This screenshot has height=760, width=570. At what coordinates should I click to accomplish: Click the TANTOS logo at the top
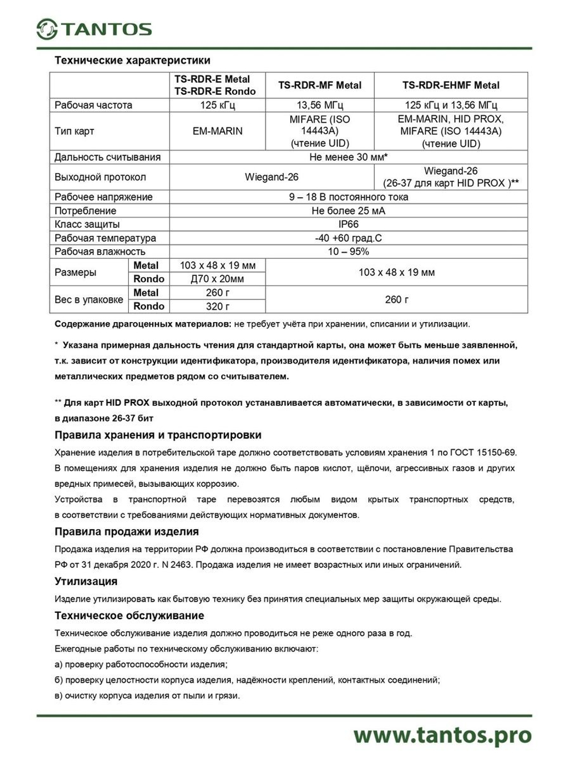coord(94,29)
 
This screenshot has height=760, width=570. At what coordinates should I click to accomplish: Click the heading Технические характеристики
coord(132,60)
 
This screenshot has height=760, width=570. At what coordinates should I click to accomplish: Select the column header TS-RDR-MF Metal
coord(320,86)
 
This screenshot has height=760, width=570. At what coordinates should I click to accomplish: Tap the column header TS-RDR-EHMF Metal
coord(450,86)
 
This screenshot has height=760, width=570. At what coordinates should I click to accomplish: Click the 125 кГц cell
coord(217,105)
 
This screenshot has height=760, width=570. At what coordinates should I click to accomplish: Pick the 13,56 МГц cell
coord(320,105)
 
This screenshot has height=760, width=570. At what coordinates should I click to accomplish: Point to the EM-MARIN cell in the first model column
coord(217,131)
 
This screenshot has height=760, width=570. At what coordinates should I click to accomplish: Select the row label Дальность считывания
coord(108,157)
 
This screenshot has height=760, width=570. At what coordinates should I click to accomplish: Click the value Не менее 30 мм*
coord(348,157)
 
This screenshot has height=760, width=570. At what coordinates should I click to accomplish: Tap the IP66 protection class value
coord(348,224)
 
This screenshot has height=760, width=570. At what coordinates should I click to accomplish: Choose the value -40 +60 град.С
coord(348,238)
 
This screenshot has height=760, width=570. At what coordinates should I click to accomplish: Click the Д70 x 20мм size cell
coord(217,279)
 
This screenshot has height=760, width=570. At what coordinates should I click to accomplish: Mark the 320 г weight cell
coord(217,306)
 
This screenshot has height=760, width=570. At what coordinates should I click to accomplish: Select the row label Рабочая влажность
coord(100,251)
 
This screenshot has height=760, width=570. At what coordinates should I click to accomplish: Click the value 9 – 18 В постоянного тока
coord(348,197)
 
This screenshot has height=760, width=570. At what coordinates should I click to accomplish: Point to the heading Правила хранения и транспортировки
coord(158,435)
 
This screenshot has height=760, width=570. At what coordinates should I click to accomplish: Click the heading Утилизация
coord(85,582)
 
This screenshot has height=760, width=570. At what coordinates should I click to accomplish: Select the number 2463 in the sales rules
coord(181,565)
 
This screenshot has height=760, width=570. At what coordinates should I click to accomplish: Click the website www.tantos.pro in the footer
coord(442,735)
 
